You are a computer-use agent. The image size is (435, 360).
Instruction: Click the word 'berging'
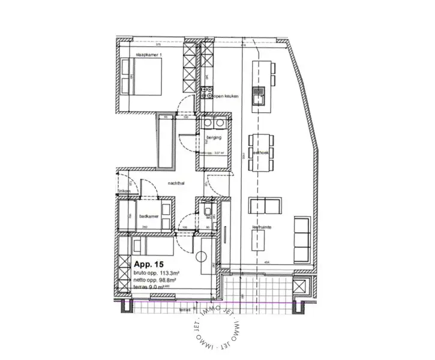click(x=214, y=138)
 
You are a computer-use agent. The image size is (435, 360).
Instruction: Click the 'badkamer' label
click(x=148, y=216)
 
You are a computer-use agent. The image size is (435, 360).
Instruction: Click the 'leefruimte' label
click(x=262, y=228)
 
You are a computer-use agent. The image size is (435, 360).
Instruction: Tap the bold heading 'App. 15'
click(x=149, y=264)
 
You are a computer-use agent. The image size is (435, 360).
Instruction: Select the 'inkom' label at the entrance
click(x=125, y=191)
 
